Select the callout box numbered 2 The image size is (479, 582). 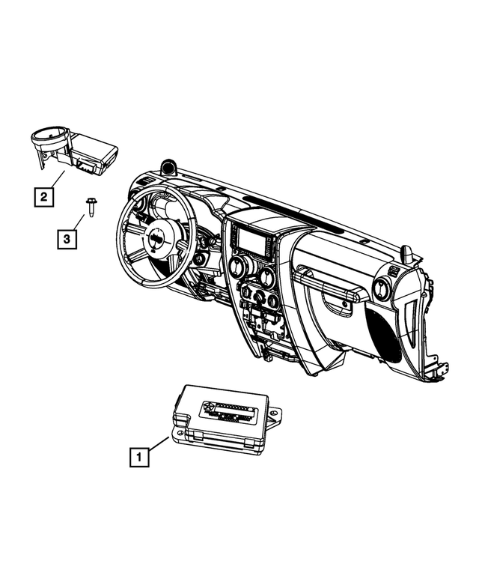click(44, 197)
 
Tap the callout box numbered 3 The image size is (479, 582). click(67, 240)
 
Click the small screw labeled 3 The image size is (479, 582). click(90, 205)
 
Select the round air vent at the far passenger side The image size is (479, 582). click(380, 288)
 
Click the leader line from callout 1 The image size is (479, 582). click(159, 443)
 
